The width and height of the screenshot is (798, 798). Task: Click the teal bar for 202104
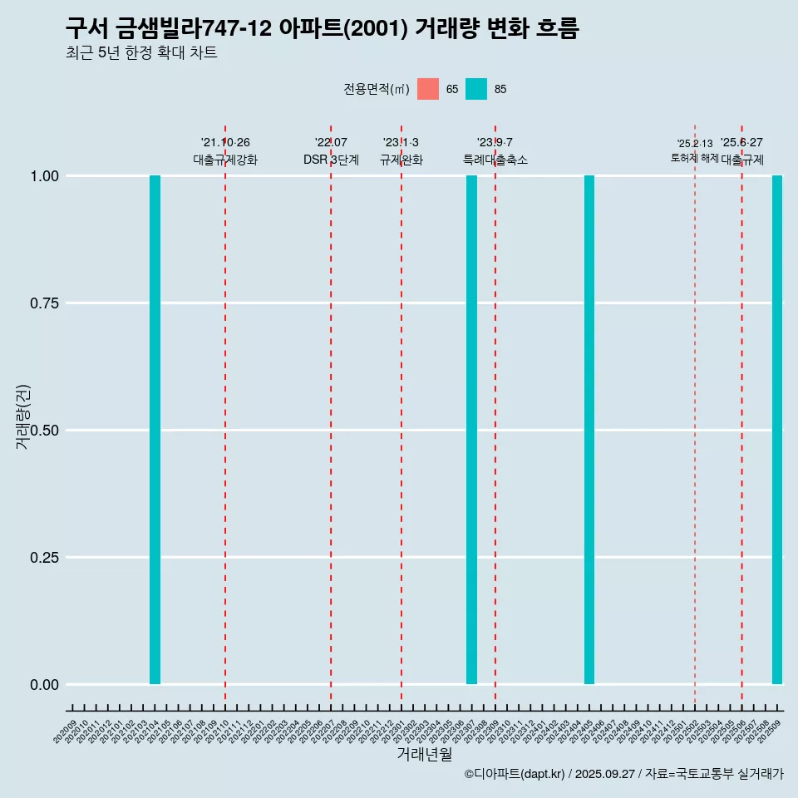(155, 430)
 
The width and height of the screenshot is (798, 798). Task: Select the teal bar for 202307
(471, 430)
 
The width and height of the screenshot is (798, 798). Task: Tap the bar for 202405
(589, 430)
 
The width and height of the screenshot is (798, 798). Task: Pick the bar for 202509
(777, 430)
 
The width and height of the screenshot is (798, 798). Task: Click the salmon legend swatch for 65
(428, 89)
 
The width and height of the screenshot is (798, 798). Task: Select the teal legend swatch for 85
(476, 89)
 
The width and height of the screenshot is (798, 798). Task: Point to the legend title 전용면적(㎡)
(377, 89)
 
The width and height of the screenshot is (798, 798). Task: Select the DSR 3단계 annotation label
(331, 160)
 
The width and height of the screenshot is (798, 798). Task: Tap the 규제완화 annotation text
(401, 160)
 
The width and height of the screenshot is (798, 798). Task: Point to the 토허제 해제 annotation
(695, 158)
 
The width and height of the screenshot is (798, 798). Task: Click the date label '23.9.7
(495, 142)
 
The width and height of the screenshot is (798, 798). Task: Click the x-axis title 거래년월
(425, 754)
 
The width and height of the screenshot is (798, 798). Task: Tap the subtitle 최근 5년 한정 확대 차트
(141, 53)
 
